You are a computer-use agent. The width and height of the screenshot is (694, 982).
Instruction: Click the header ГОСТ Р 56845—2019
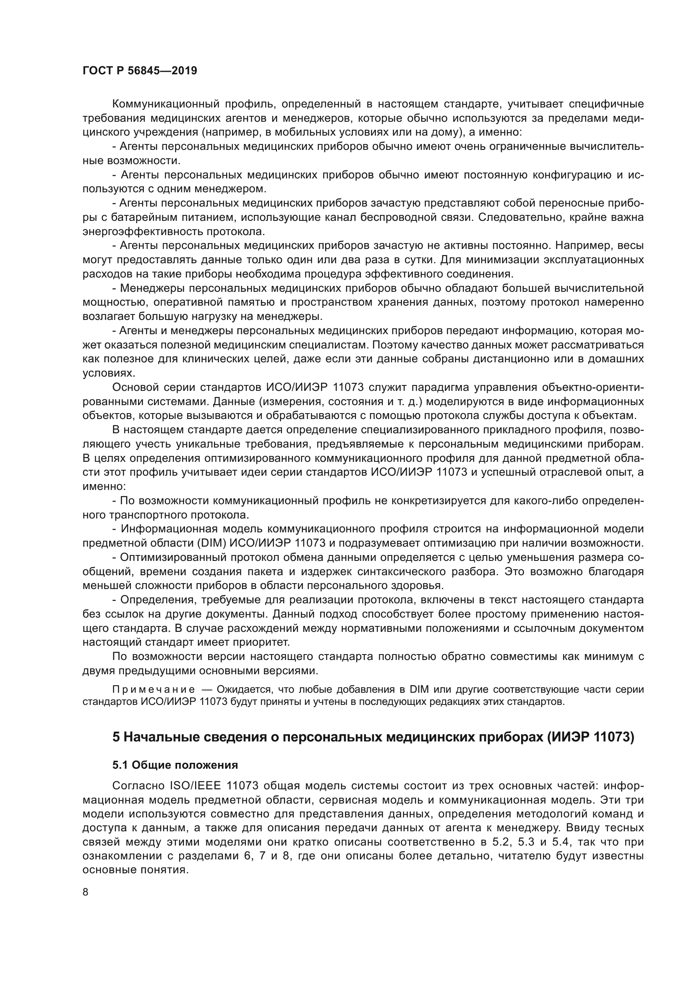click(x=140, y=71)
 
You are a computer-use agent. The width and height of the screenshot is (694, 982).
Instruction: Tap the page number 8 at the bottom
click(x=86, y=892)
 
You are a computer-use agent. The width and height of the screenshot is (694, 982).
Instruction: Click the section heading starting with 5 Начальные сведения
click(x=373, y=737)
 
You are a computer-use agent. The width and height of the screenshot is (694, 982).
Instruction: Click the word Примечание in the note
click(x=154, y=689)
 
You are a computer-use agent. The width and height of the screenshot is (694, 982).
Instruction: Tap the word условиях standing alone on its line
click(x=102, y=373)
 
